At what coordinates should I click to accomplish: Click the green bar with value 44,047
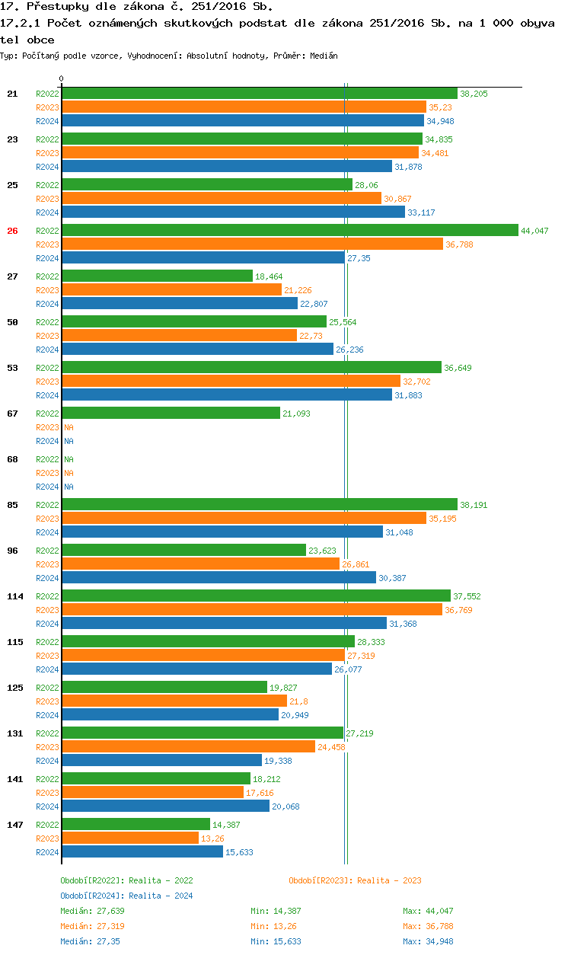tap(289, 230)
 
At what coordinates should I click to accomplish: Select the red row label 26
tap(12, 231)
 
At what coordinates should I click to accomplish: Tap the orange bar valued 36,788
tap(252, 244)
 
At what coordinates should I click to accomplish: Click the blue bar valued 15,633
tap(142, 851)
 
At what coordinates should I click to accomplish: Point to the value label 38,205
tap(474, 94)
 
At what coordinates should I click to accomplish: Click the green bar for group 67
tap(171, 413)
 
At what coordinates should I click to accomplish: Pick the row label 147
tap(14, 825)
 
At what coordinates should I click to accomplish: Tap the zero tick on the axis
tap(62, 79)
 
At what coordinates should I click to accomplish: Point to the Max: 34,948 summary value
tap(428, 941)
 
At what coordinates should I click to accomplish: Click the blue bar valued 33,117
tap(233, 212)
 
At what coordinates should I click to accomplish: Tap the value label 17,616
tap(259, 793)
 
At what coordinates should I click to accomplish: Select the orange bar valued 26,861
tap(200, 564)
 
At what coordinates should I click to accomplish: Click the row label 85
tap(12, 505)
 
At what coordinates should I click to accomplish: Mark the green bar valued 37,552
tap(256, 596)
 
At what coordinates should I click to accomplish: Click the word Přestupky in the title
tap(56, 7)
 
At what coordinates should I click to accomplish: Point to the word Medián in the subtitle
tap(324, 56)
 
